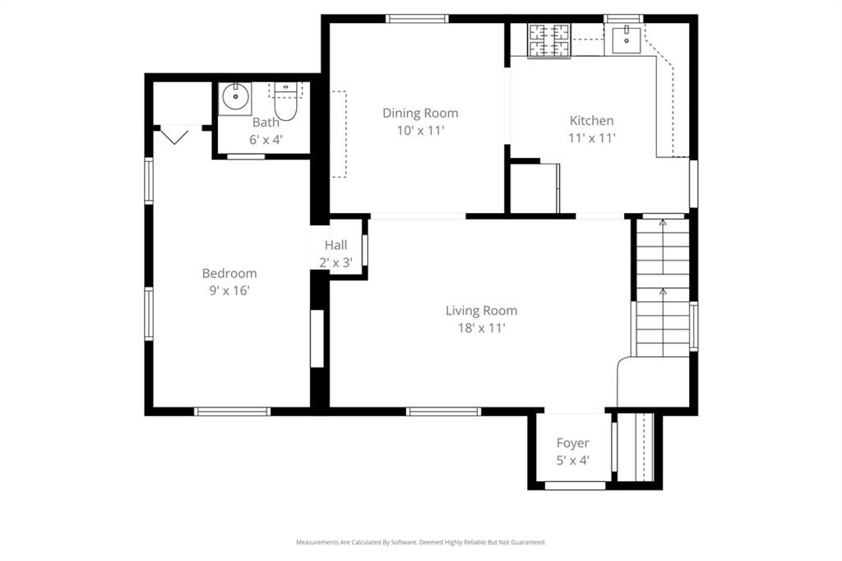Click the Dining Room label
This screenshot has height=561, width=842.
[x=420, y=114]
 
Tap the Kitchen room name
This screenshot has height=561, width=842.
[x=591, y=121]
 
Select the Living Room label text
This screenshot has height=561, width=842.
[x=481, y=311]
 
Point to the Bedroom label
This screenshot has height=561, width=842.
[x=229, y=273]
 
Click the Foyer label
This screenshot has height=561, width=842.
[x=572, y=443]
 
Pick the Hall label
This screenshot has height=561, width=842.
[x=335, y=245]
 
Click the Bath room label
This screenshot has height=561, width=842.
[x=266, y=123]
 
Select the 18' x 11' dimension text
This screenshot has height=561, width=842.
[x=481, y=328]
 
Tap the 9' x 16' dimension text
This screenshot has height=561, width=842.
[x=229, y=290]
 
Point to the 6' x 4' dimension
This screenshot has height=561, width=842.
[x=266, y=139]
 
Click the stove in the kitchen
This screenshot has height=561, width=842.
[x=549, y=40]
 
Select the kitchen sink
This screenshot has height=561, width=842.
[x=627, y=37]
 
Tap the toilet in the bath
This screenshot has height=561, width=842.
[x=285, y=102]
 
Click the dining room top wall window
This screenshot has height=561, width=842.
[x=418, y=19]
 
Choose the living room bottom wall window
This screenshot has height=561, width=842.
[x=443, y=410]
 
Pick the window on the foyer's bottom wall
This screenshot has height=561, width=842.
[x=576, y=485]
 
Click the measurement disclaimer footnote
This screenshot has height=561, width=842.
[x=420, y=542]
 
